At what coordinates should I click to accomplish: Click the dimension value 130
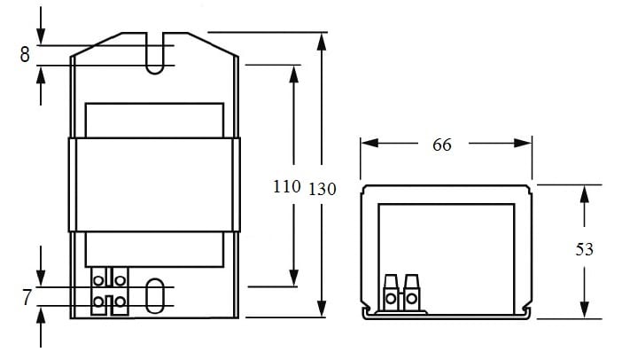click(323, 188)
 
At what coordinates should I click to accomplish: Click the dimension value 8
click(25, 54)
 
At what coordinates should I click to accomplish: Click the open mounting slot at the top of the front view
click(154, 55)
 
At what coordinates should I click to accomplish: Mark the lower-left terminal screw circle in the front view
click(98, 302)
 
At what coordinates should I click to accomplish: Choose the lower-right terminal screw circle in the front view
click(119, 302)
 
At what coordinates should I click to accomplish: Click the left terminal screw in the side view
click(390, 300)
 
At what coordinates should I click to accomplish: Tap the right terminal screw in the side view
click(410, 300)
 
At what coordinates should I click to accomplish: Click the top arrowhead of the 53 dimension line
click(583, 192)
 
